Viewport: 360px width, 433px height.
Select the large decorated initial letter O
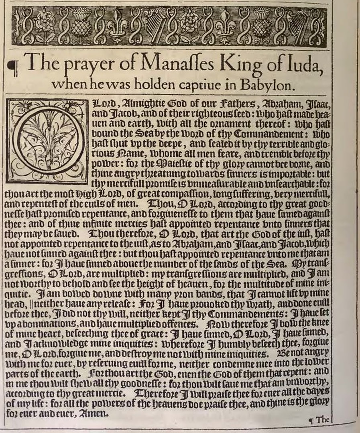(47, 135)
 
